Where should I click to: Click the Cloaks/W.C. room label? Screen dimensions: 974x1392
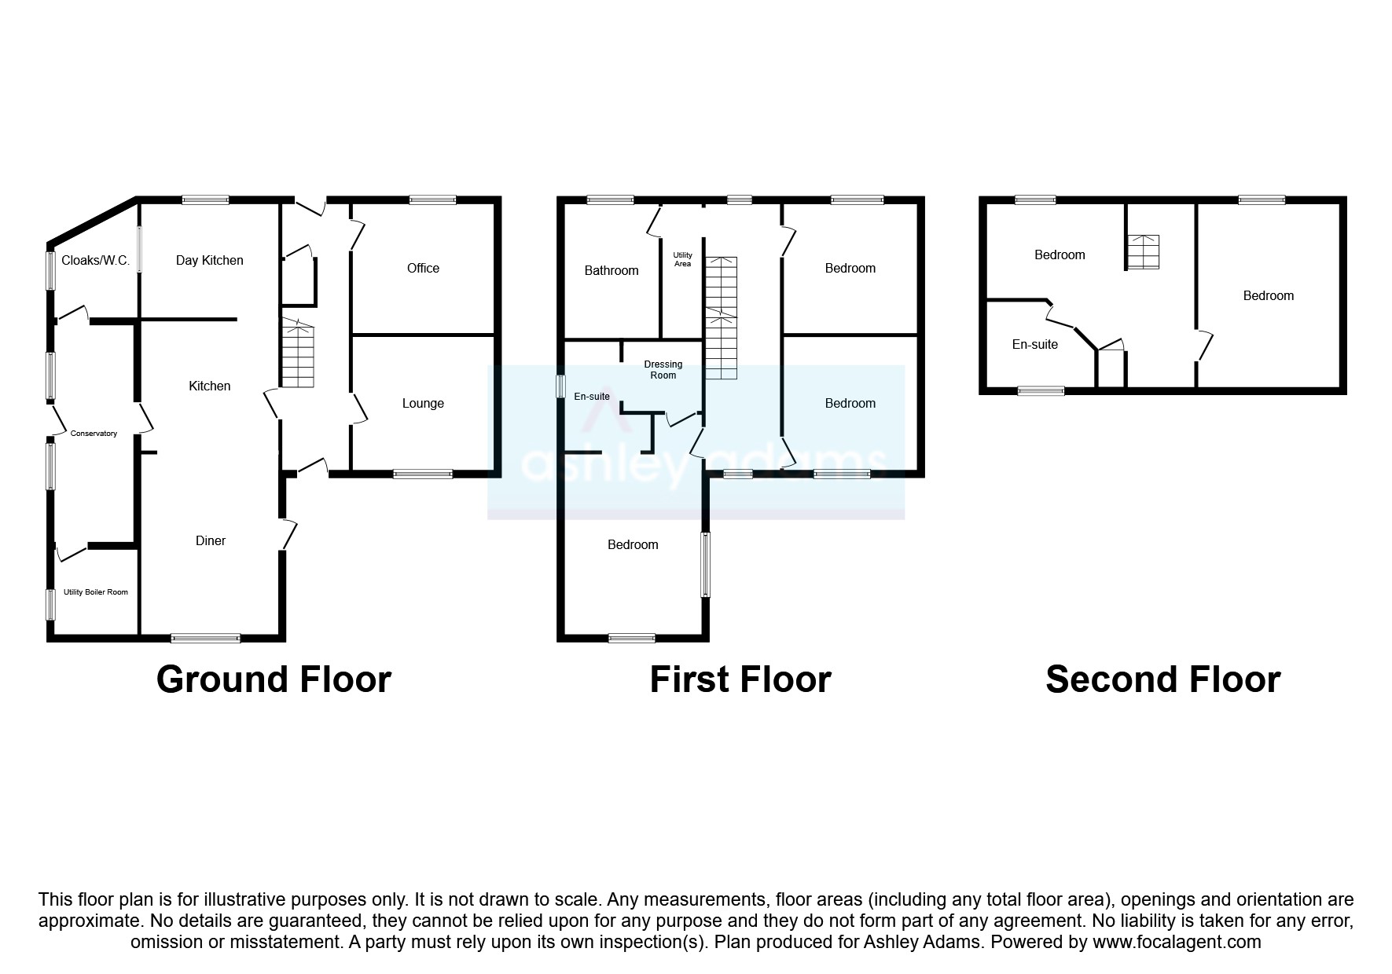tap(95, 261)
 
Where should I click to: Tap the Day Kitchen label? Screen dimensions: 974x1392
tap(209, 261)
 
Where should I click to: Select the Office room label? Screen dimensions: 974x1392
tap(423, 269)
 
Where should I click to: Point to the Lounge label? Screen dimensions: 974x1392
tap(423, 404)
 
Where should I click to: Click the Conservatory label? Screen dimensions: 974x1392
tap(94, 434)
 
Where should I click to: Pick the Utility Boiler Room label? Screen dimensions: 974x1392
tap(96, 592)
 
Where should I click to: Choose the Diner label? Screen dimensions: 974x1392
tap(211, 541)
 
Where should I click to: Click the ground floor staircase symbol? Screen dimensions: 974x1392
tap(298, 353)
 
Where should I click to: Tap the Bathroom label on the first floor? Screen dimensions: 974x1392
tap(612, 271)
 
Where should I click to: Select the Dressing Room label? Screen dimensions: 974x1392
tap(663, 370)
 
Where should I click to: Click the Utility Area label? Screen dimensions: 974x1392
tap(682, 259)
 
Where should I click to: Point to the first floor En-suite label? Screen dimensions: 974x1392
tap(592, 397)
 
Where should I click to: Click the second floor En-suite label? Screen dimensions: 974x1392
tap(1034, 345)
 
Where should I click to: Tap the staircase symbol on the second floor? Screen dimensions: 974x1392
tap(1143, 252)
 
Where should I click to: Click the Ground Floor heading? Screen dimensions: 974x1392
tap(274, 679)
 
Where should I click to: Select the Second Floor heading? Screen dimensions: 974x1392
tap(1162, 679)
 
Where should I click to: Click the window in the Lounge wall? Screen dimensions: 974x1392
tap(423, 474)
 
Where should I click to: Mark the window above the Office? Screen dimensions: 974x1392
tap(432, 200)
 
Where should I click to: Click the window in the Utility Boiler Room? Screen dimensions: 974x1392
tap(51, 605)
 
